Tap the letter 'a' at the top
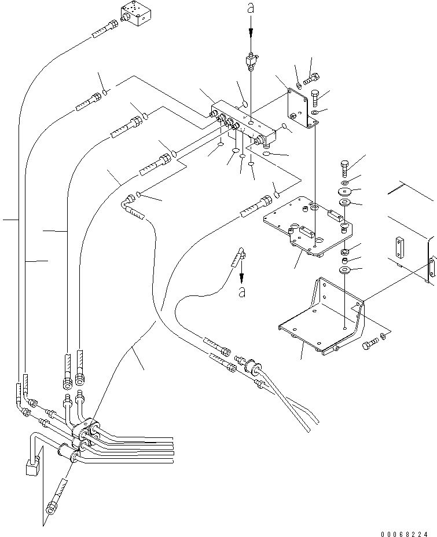coord(251,8)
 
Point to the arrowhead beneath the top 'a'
coord(251,35)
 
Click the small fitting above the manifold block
coord(251,60)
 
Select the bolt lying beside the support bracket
coord(368,346)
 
